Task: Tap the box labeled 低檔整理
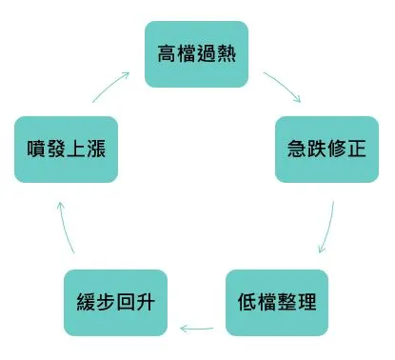pos(277,304)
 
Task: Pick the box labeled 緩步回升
pos(115,304)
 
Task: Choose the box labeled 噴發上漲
pos(66,150)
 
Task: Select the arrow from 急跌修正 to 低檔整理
pos(327,227)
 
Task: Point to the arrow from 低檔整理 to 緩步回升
pos(196,330)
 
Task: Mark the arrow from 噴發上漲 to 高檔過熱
pos(111,84)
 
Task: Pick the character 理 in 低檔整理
pos(306,304)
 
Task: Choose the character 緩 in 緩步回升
pos(86,304)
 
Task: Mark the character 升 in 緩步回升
pos(145,304)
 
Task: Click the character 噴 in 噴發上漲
pos(36,150)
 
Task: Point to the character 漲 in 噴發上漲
pos(95,150)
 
